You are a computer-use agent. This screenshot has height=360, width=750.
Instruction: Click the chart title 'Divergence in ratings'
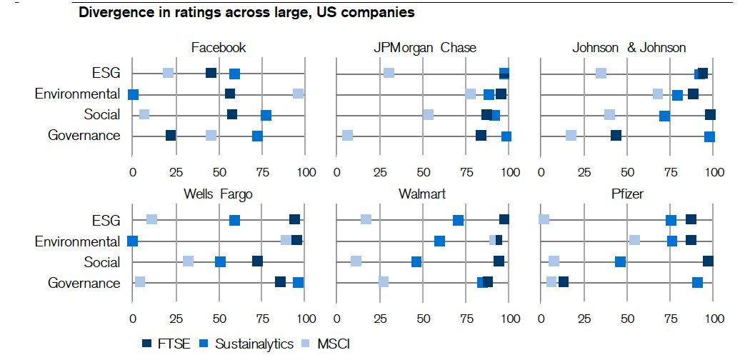(246, 13)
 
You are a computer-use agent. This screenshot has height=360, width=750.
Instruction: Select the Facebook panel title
(219, 48)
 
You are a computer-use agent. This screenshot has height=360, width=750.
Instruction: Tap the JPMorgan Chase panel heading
(424, 48)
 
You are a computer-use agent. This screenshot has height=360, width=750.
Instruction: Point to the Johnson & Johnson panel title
(629, 48)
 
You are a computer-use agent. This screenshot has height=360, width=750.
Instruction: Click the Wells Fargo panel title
(218, 194)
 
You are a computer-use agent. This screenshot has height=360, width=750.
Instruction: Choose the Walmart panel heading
(424, 194)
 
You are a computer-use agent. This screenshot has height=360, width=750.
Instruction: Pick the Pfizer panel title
(628, 194)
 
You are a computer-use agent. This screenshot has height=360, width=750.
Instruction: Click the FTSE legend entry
(166, 344)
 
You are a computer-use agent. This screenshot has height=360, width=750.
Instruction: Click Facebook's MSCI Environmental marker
(298, 94)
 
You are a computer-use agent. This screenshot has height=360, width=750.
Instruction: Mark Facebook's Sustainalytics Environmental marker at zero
(133, 94)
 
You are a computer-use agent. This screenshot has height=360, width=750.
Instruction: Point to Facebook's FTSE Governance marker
(171, 136)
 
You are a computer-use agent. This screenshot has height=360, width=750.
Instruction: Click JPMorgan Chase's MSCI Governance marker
(347, 136)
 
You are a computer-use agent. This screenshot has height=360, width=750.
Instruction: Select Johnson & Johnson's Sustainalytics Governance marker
(709, 136)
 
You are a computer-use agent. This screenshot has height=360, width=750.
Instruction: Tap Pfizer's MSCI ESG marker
(544, 219)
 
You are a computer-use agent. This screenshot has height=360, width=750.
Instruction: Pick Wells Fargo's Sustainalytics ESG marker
(234, 220)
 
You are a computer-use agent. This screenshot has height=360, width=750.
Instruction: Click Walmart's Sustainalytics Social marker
(416, 262)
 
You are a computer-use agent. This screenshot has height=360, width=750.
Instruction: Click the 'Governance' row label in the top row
(84, 136)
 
